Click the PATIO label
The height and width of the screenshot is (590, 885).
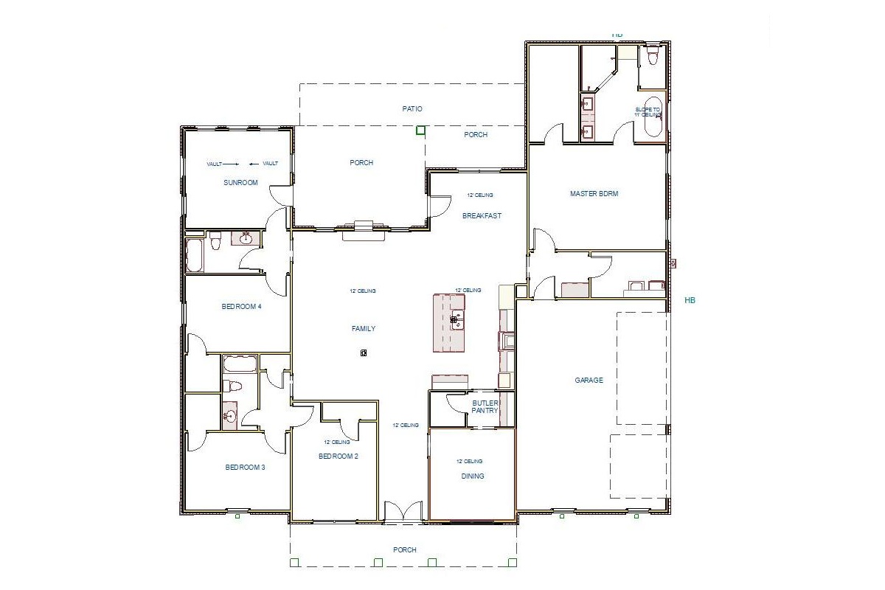pyautogui.click(x=412, y=109)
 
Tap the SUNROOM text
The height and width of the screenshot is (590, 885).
pyautogui.click(x=240, y=182)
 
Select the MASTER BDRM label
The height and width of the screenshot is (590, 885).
pyautogui.click(x=594, y=194)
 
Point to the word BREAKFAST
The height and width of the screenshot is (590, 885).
pyautogui.click(x=482, y=216)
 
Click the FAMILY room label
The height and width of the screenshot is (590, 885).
pyautogui.click(x=364, y=329)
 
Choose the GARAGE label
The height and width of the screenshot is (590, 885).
pyautogui.click(x=589, y=381)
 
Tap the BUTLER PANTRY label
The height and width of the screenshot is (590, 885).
pyautogui.click(x=485, y=407)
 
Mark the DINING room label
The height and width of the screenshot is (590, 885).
pyautogui.click(x=473, y=476)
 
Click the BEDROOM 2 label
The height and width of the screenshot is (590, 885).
pyautogui.click(x=338, y=457)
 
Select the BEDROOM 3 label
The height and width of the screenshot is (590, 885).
pyautogui.click(x=245, y=468)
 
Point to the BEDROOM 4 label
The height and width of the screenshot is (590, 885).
pyautogui.click(x=241, y=307)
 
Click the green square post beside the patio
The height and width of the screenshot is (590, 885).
pyautogui.click(x=420, y=131)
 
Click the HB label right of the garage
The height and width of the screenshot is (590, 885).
pyautogui.click(x=690, y=300)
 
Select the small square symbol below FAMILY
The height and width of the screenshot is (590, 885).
pyautogui.click(x=364, y=353)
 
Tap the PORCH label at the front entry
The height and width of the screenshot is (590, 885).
pyautogui.click(x=405, y=550)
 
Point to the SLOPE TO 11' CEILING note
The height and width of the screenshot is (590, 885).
pyautogui.click(x=648, y=112)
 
